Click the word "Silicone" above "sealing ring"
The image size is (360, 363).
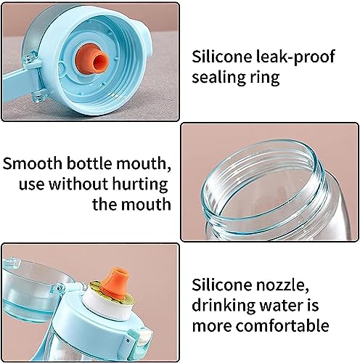222,57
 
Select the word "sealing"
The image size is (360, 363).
215,78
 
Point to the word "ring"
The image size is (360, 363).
261,78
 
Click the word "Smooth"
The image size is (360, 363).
33,163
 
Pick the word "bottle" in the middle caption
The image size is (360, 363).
89,163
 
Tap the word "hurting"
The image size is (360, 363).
140,184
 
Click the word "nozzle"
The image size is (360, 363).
282,285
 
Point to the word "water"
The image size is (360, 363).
280,306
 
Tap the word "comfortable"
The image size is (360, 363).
282,325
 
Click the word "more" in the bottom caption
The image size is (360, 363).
212,327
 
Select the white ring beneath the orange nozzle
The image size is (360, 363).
107,305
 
